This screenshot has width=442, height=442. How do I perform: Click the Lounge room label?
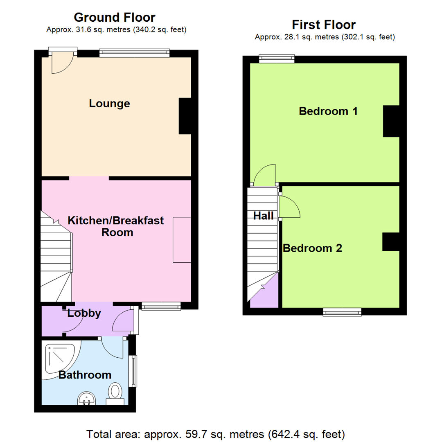click(x=109, y=104)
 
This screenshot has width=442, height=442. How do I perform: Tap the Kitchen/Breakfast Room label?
click(x=116, y=226)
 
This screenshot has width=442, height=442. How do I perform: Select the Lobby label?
click(x=84, y=314)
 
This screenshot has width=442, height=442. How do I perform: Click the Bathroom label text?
click(x=85, y=375)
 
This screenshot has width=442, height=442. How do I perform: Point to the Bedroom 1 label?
click(x=328, y=111)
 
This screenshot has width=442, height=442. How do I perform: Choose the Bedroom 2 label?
click(x=313, y=248)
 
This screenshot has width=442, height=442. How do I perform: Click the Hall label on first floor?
click(x=263, y=216)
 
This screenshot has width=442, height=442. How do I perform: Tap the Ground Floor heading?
click(x=115, y=18)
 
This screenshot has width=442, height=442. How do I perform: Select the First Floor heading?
click(x=324, y=25)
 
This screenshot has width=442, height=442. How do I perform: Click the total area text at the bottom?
click(x=216, y=433)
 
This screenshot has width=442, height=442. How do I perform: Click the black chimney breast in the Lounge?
click(x=185, y=116)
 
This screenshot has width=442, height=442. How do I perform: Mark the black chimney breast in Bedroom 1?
click(x=391, y=121)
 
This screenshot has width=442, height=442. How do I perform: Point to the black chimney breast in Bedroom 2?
click(x=391, y=242)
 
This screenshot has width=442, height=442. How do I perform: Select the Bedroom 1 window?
click(x=277, y=59)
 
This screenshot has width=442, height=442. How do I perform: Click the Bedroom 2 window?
click(x=342, y=312)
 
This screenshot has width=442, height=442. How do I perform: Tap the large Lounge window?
click(x=135, y=53)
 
